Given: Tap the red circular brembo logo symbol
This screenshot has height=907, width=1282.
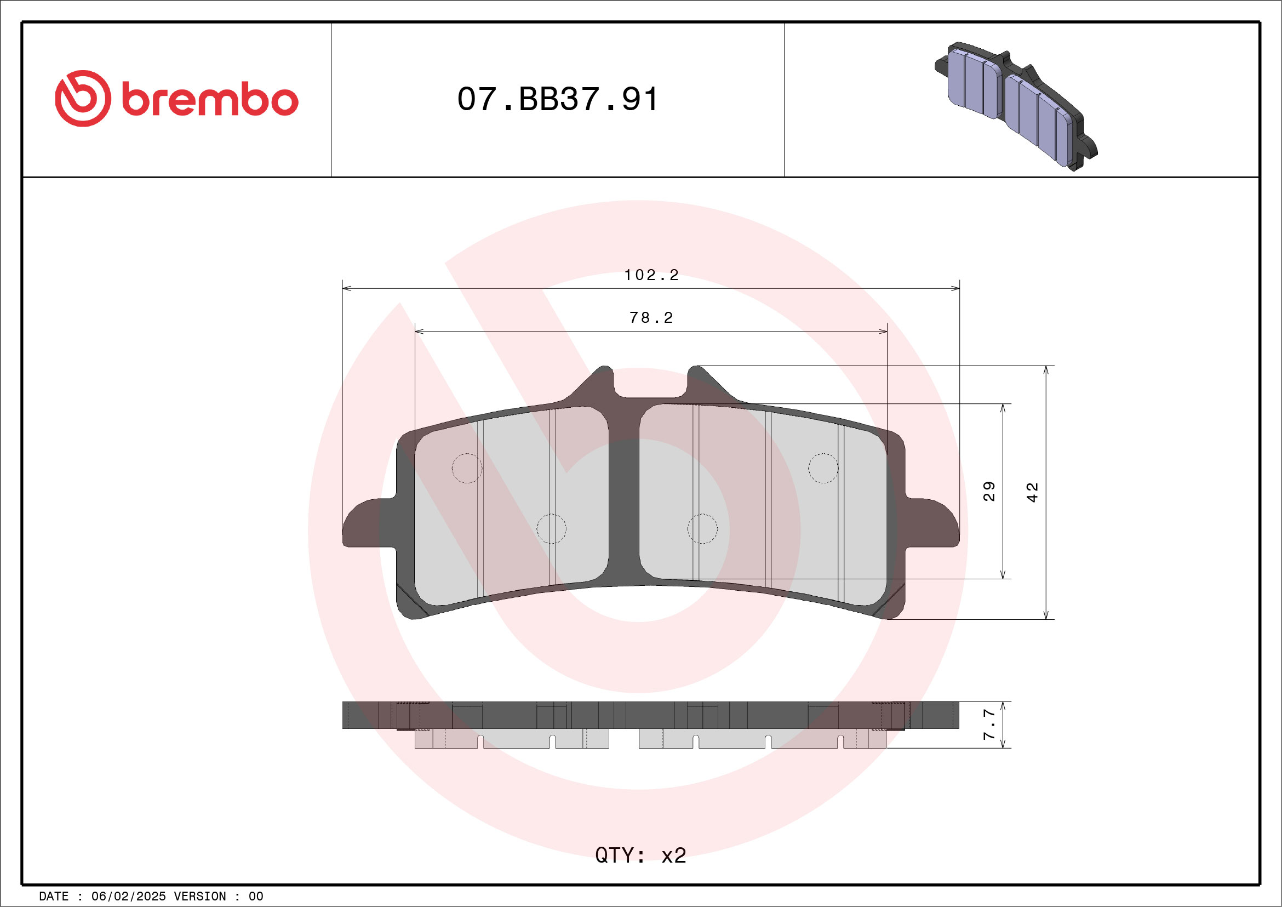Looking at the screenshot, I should click(83, 98).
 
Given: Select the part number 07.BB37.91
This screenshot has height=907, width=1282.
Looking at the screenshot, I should click(557, 99).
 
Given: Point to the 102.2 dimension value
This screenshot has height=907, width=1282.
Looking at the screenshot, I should click(651, 275).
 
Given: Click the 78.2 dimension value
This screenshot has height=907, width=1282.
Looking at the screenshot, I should click(651, 318).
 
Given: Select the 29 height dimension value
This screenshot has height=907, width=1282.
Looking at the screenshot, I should click(989, 491).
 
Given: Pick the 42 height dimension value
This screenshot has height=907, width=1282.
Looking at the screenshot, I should click(1032, 492).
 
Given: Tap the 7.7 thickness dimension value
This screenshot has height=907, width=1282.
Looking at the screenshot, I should click(989, 725).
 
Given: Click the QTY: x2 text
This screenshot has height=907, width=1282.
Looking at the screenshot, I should click(640, 855).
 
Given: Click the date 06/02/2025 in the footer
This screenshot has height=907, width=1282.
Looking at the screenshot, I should click(128, 897).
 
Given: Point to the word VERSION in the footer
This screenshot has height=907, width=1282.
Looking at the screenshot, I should click(200, 897).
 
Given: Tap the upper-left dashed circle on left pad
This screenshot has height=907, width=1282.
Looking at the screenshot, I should click(467, 468).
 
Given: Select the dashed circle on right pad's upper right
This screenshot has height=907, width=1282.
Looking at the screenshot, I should click(823, 468).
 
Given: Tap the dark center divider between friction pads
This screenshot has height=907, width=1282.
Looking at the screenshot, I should click(623, 503).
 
